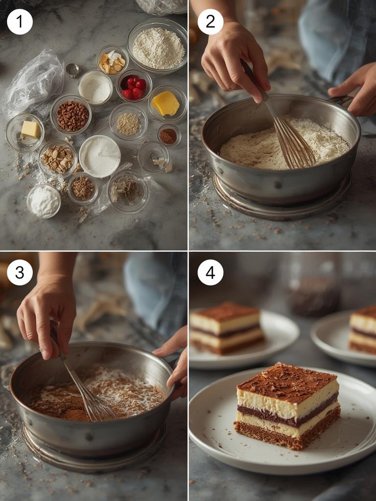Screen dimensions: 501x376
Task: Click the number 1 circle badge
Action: pos(20,22)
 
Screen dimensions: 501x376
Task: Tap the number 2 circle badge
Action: pos(210,22)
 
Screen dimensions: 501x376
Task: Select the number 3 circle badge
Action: pos(20,273)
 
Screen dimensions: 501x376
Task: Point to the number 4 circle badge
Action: pos(210,273)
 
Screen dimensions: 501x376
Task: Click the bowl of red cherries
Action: pos(134,86)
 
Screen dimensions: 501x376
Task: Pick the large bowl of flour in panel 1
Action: pos(158,47)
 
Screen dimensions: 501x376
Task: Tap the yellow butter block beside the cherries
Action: pos(165,103)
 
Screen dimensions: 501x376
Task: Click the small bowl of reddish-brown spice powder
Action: pos(168,136)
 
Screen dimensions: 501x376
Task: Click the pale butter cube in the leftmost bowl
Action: pos(29,129)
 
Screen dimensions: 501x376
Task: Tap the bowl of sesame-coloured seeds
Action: pos(128,124)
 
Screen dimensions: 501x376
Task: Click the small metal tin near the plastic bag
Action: pos(72,70)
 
